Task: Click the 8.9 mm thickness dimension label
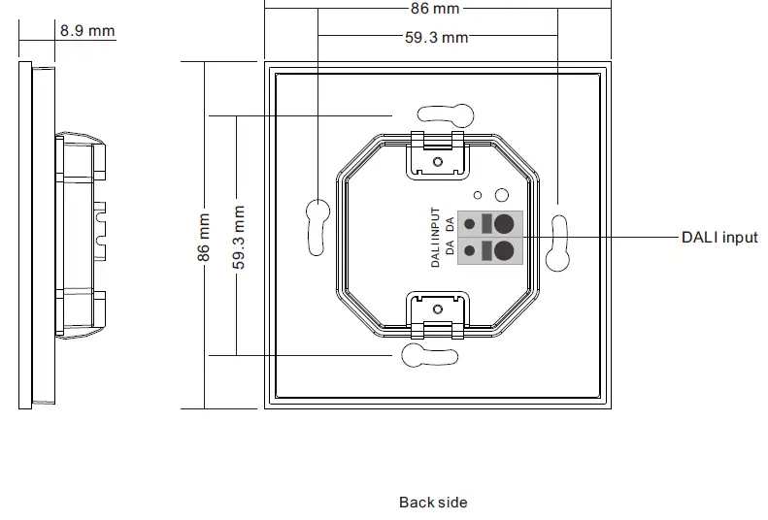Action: click(x=87, y=30)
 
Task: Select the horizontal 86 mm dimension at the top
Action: click(x=434, y=9)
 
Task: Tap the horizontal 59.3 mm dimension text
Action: click(x=436, y=38)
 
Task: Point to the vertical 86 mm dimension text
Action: click(x=204, y=238)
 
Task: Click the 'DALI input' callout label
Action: click(x=719, y=238)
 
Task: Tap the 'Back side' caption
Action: click(x=433, y=503)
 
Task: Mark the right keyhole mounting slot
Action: click(x=557, y=247)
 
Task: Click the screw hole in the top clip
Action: click(x=438, y=161)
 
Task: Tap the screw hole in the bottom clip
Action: click(x=438, y=309)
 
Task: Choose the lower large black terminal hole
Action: click(x=503, y=251)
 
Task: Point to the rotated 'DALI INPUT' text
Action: click(x=437, y=238)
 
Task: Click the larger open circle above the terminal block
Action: click(x=501, y=195)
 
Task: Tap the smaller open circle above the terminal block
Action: click(x=479, y=193)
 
